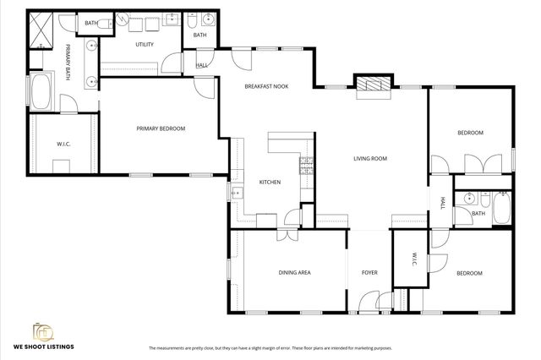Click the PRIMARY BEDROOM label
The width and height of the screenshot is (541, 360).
click(x=161, y=128)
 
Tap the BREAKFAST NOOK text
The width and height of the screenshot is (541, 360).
click(x=268, y=86)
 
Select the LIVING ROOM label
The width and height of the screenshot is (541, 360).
click(x=369, y=158)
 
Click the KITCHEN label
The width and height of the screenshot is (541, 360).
click(x=270, y=182)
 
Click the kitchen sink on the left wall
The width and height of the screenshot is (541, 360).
click(x=237, y=193)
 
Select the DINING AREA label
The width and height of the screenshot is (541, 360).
click(x=295, y=273)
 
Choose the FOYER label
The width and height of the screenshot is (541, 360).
click(x=369, y=273)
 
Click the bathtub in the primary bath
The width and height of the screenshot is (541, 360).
click(x=41, y=93)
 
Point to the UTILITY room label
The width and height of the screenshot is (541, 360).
click(x=145, y=44)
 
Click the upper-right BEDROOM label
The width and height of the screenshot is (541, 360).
click(x=470, y=133)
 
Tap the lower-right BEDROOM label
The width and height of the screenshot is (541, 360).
click(x=469, y=273)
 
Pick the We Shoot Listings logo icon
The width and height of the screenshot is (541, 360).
click(x=41, y=331)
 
